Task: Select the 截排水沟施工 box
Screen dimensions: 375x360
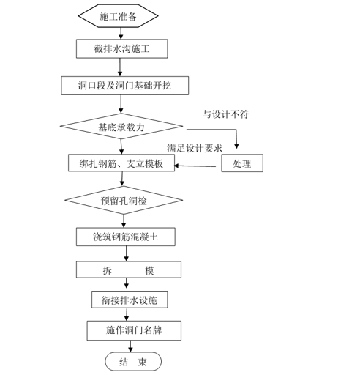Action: [x=123, y=49]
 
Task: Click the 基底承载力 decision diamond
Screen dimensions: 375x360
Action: [x=122, y=126]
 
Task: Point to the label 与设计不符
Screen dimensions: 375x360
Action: [x=225, y=114]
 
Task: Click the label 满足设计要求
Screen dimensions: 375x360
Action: [x=195, y=148]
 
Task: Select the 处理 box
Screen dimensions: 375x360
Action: [x=242, y=163]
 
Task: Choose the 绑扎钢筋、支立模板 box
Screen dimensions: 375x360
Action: [x=121, y=163]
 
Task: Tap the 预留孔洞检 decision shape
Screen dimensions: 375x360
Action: [x=122, y=199]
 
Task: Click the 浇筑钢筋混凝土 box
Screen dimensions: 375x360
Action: [x=125, y=236]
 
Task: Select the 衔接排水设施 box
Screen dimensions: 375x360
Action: [x=130, y=300]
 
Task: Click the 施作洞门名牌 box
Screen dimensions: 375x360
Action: [x=133, y=330]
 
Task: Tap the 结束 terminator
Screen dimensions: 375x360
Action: [x=133, y=361]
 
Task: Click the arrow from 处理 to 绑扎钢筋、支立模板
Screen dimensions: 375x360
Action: [x=198, y=164]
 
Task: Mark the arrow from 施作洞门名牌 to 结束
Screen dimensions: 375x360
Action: [x=130, y=346]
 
